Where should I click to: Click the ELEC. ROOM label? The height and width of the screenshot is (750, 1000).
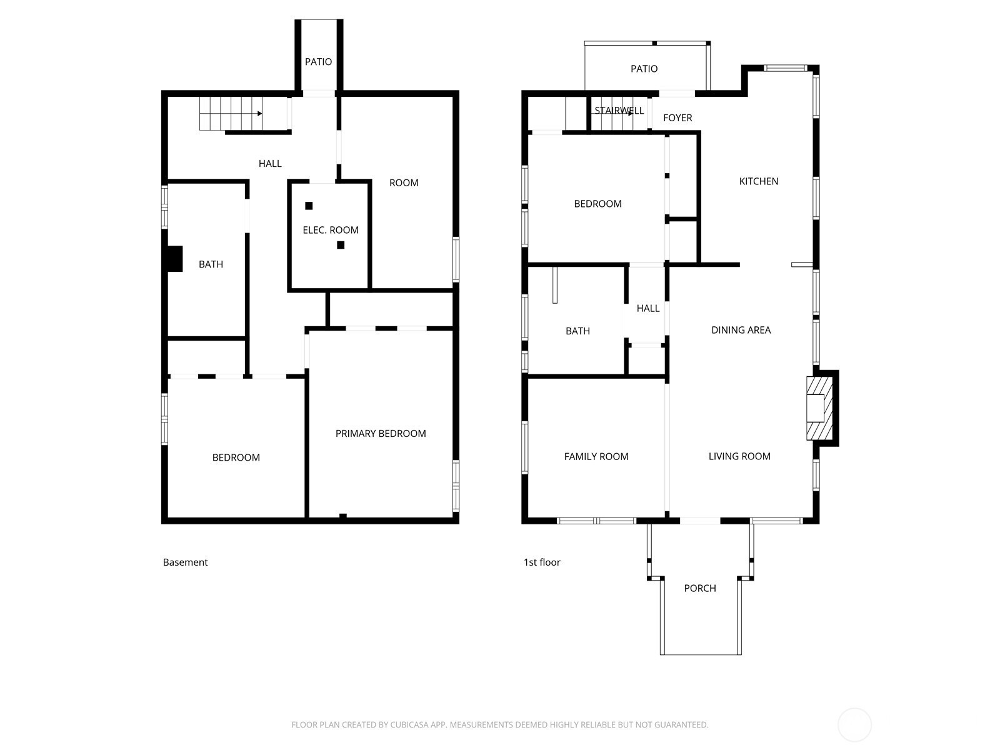[330, 230]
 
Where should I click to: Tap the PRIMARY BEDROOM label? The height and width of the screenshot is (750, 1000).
[381, 434]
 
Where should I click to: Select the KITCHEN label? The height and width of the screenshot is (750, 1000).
[759, 181]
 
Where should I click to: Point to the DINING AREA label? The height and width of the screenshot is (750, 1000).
[741, 330]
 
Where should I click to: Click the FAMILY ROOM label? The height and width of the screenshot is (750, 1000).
[596, 456]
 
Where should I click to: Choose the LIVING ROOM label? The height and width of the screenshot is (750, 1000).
[739, 456]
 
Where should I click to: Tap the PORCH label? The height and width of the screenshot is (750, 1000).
[700, 588]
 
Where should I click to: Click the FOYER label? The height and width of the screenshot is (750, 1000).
[677, 118]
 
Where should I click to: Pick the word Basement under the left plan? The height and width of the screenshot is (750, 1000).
[185, 562]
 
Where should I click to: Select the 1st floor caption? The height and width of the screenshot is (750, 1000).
[542, 562]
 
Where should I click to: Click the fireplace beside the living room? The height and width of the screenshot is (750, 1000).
[819, 408]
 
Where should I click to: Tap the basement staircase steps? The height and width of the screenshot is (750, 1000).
[231, 113]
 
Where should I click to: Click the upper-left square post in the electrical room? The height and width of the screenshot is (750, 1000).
[309, 206]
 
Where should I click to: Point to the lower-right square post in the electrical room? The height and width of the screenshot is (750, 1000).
[341, 245]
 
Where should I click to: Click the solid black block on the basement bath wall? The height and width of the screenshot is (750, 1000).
[174, 259]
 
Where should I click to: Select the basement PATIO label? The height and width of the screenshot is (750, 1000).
[319, 62]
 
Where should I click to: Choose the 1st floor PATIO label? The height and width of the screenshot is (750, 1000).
[644, 69]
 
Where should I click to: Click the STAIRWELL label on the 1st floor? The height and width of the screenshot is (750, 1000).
[619, 111]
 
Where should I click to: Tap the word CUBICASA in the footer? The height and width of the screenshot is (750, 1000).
[408, 724]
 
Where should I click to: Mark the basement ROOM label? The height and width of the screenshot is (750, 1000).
[404, 183]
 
